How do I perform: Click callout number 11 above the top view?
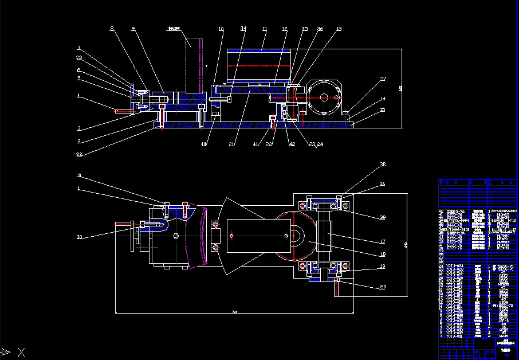tap(264, 29)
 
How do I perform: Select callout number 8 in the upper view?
tap(112, 28)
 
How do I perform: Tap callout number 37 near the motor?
tap(383, 79)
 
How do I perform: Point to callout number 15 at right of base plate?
tap(383, 109)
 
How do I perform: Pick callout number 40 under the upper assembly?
tap(203, 144)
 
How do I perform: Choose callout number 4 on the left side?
tap(78, 96)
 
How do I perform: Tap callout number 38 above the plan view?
tap(383, 165)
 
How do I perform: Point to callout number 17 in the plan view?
tap(383, 241)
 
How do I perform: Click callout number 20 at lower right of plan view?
tap(383, 287)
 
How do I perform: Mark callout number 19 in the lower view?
tap(383, 267)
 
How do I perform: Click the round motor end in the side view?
tap(324, 97)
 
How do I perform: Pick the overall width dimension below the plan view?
tap(234, 312)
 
